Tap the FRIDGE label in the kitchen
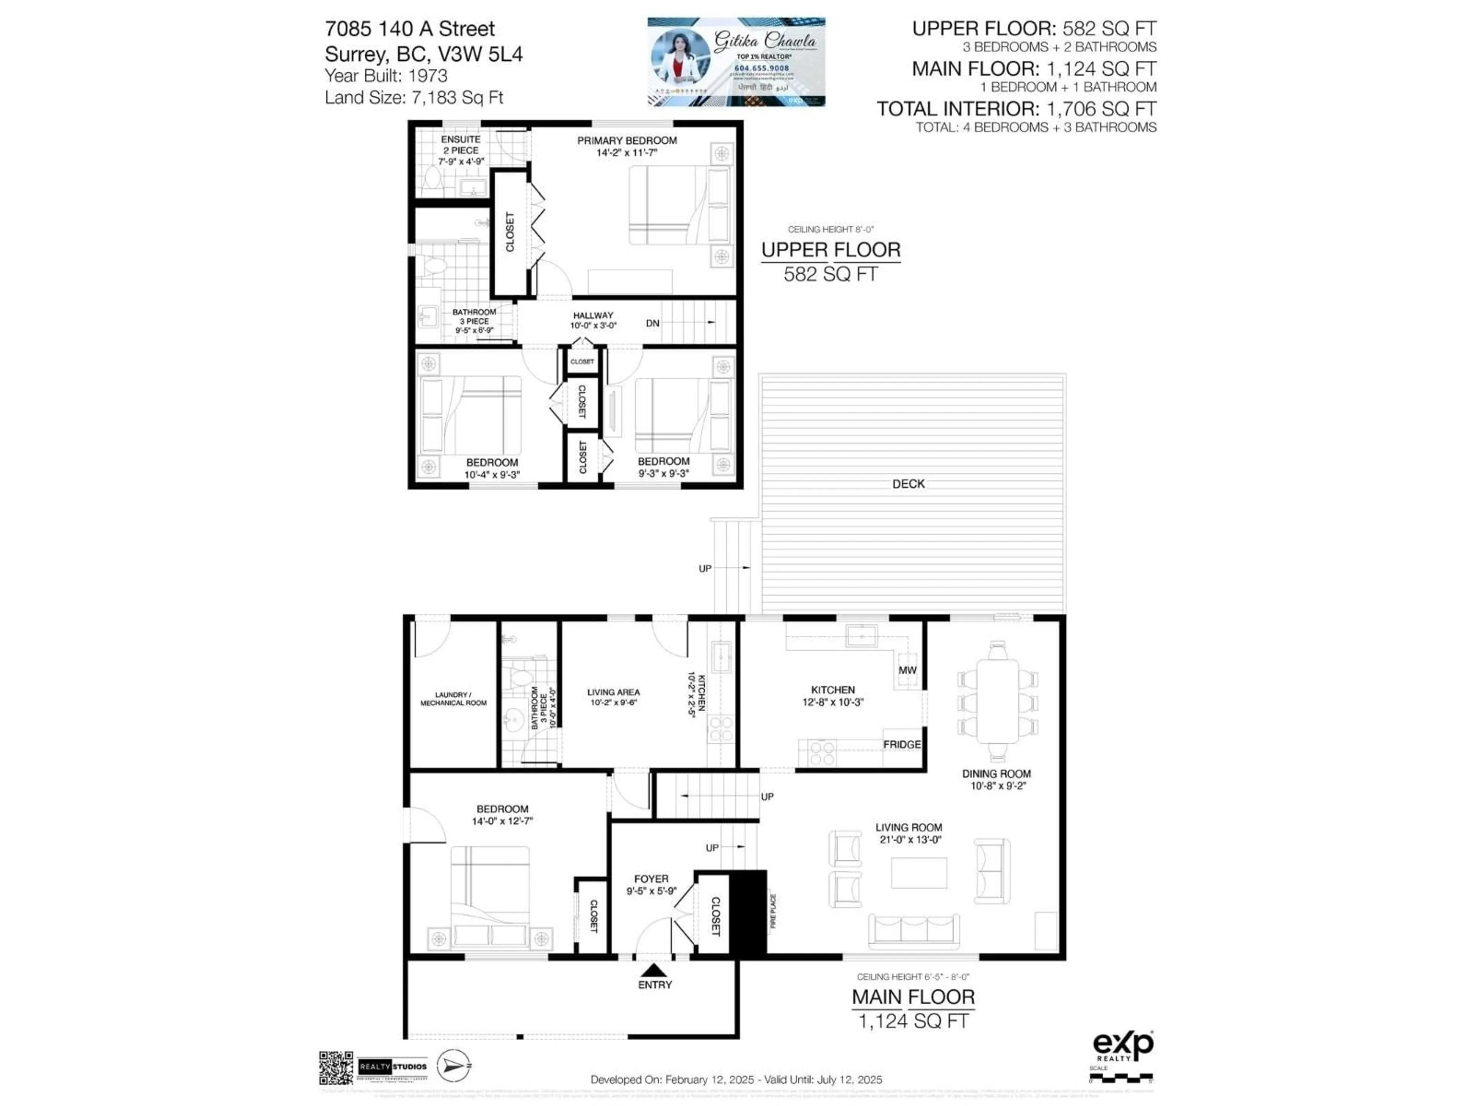pyautogui.click(x=902, y=744)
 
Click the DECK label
pyautogui.click(x=908, y=484)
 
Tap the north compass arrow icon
pyautogui.click(x=453, y=1065)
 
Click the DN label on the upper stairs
pyautogui.click(x=653, y=323)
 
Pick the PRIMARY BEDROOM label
pyautogui.click(x=626, y=141)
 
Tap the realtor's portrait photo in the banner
pyautogui.click(x=680, y=60)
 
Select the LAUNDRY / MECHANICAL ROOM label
pyautogui.click(x=453, y=699)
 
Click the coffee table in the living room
pyautogui.click(x=919, y=873)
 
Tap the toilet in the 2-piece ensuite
pyautogui.click(x=433, y=179)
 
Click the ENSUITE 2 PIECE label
pyautogui.click(x=461, y=145)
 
